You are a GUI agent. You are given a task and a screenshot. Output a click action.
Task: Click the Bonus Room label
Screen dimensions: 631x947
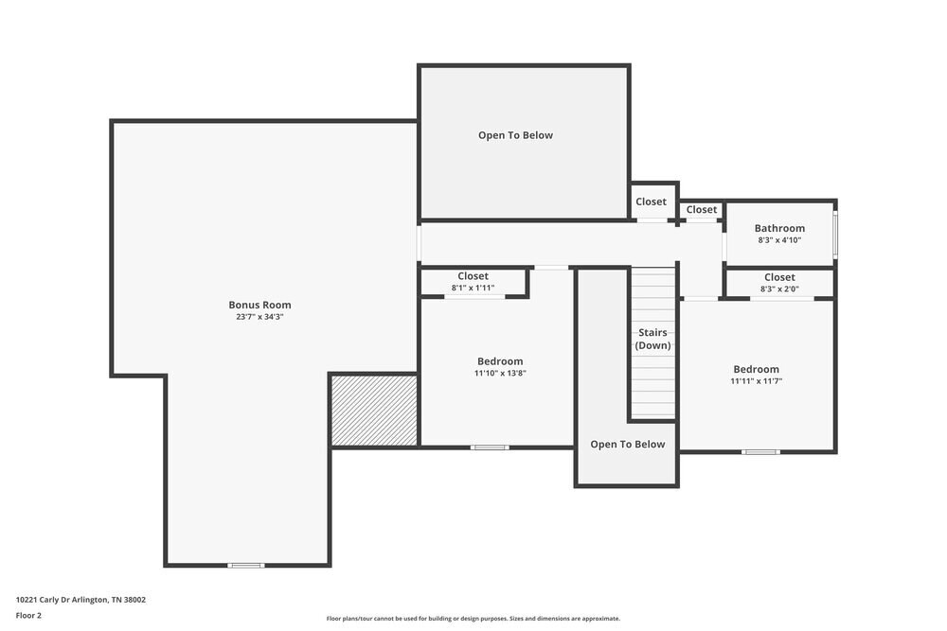(x=259, y=305)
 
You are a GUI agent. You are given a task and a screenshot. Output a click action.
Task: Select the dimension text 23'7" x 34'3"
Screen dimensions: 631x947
(x=259, y=317)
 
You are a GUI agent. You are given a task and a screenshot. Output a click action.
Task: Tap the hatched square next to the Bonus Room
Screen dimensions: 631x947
(x=374, y=410)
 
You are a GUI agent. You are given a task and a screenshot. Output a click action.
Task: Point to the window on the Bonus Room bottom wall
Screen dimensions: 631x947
(x=245, y=565)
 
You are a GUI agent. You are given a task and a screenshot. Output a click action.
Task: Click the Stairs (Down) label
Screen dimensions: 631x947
(x=652, y=339)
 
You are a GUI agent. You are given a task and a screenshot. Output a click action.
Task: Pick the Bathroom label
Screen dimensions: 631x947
(x=779, y=228)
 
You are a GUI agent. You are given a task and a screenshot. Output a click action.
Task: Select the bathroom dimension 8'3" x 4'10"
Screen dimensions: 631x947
(x=779, y=240)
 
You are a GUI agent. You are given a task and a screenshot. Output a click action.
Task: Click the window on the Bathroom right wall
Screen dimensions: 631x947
(x=834, y=235)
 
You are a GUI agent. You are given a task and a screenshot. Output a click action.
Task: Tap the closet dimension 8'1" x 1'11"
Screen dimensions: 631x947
(x=473, y=288)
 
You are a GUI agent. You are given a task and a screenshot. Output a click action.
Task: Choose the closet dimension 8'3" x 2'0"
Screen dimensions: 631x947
(x=779, y=289)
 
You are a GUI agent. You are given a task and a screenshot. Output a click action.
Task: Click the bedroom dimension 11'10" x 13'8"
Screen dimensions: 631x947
(x=499, y=374)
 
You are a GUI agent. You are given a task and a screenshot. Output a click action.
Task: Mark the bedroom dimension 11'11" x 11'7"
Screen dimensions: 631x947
(x=756, y=381)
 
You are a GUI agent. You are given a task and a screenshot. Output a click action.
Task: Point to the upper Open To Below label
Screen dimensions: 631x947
(x=515, y=135)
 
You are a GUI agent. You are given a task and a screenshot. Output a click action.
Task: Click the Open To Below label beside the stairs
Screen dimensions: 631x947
(x=627, y=445)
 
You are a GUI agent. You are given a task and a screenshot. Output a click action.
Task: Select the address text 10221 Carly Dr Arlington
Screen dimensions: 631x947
(x=80, y=599)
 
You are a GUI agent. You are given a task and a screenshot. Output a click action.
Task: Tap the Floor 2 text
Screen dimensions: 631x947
(x=28, y=615)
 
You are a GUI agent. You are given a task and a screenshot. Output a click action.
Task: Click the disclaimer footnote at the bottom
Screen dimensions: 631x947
(x=473, y=619)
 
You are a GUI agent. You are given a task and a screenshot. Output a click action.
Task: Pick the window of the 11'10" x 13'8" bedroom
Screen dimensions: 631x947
(x=490, y=447)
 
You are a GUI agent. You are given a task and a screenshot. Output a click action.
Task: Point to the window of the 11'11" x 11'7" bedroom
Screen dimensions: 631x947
(x=759, y=451)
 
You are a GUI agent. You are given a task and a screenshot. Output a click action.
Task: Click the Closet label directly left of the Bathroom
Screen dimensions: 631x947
(x=702, y=210)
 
